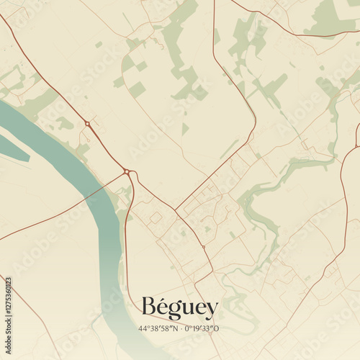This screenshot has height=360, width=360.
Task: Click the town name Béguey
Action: pos(179,309)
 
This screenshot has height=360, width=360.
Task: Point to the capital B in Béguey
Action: pos(149,307)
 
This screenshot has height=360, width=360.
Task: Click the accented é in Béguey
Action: pos(162,307)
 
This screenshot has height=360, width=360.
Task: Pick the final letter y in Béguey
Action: pos(211,311)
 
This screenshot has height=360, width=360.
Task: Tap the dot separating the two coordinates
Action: pos(179,329)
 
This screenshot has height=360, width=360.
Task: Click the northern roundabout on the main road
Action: pos(87,124)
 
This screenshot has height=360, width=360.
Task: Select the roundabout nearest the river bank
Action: pos(127,171)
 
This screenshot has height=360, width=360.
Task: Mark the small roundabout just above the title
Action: pos(203,247)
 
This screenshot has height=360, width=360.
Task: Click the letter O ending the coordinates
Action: pos(217,329)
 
